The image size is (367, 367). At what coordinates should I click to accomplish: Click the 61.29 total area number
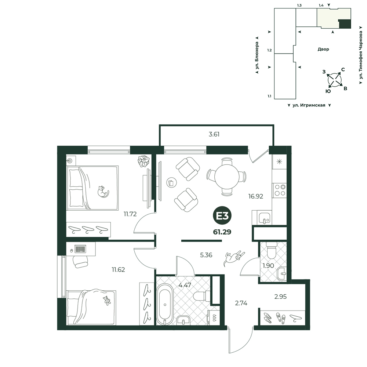222,232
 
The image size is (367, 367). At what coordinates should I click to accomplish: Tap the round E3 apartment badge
222,216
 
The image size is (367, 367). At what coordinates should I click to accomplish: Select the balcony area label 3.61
214,134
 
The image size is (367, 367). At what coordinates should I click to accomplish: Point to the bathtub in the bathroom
165,305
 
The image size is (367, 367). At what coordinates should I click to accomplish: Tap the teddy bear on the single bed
107,301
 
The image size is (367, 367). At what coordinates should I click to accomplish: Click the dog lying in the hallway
234,258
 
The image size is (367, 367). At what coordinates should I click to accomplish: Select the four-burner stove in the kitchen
279,190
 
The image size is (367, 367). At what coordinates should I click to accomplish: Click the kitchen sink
265,217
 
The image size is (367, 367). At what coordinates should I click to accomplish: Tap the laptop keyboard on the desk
80,249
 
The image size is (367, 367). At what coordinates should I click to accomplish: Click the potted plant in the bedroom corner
143,161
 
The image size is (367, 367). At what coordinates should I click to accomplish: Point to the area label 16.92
255,196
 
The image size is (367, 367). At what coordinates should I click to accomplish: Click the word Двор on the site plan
323,49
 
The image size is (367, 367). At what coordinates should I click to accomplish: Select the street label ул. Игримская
309,105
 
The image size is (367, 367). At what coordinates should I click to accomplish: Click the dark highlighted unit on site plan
345,24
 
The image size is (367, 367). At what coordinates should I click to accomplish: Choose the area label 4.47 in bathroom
185,285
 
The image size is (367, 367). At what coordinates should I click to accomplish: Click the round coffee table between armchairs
171,182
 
